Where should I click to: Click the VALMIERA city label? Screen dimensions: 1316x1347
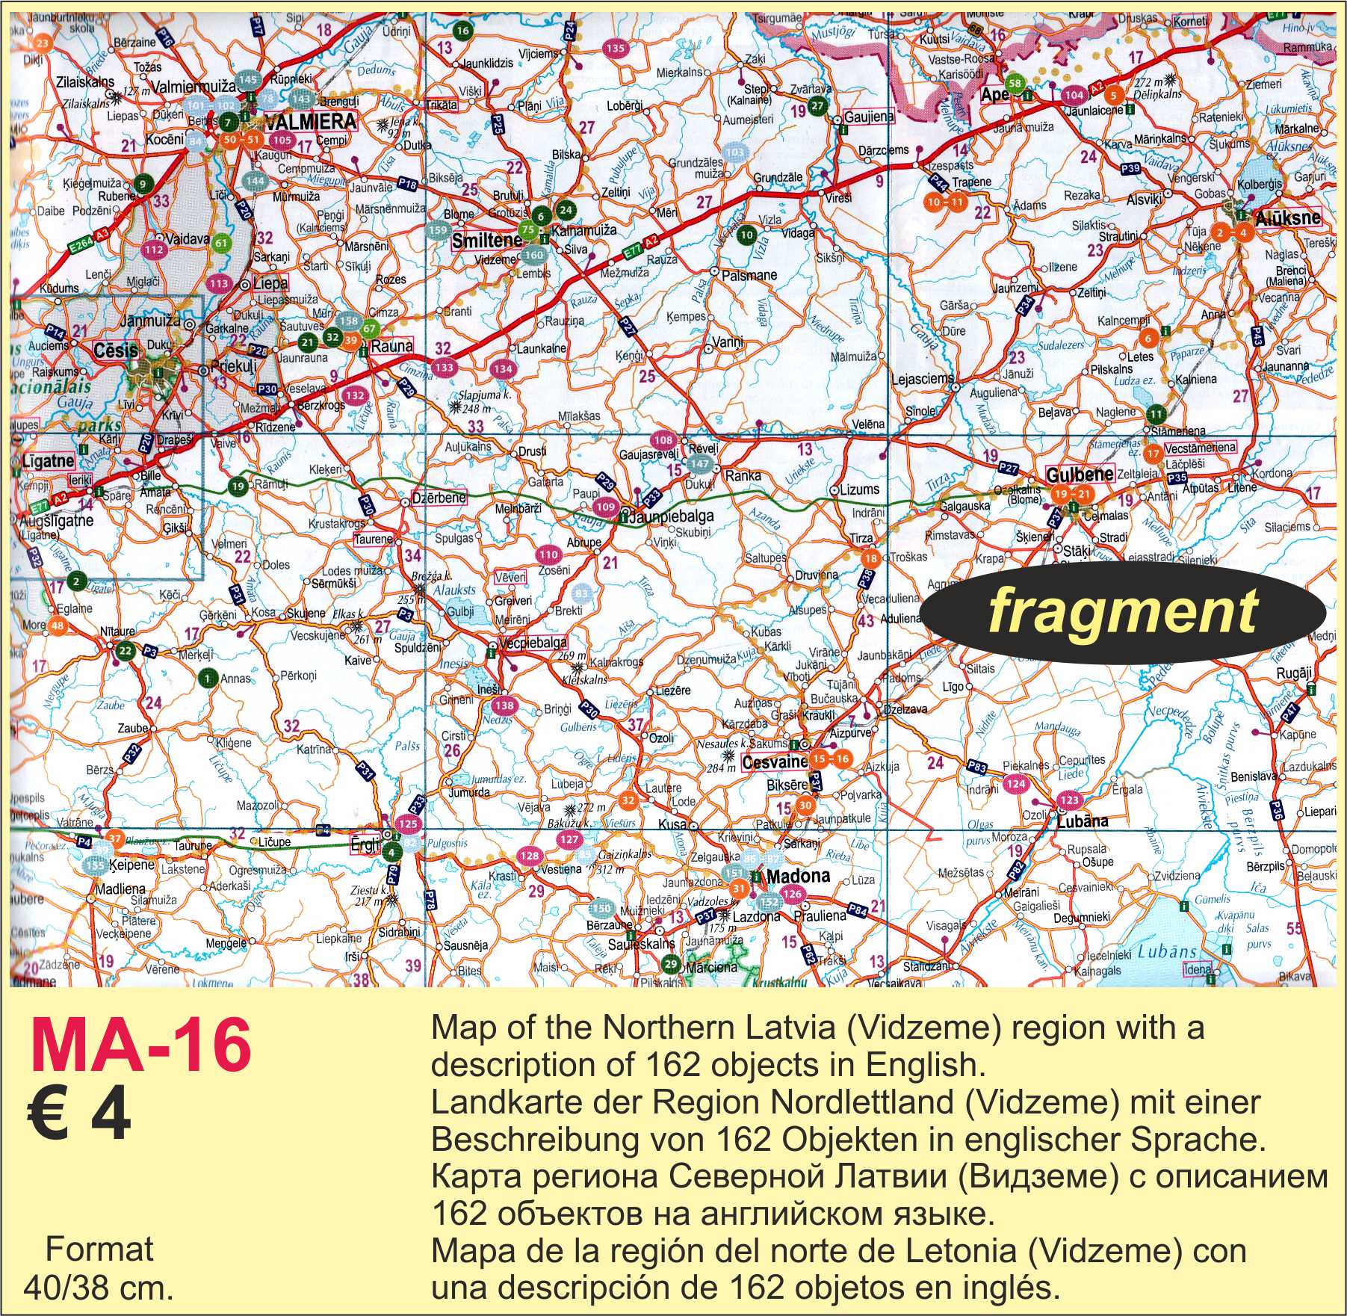(309, 122)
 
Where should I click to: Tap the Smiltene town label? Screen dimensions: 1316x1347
(486, 241)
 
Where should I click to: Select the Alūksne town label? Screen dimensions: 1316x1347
(1288, 219)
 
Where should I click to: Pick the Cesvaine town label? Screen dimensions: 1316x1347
(775, 762)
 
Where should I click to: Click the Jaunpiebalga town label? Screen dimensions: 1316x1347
(671, 516)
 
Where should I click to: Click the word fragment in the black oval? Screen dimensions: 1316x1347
(1122, 612)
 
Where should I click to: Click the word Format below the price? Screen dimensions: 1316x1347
(99, 1249)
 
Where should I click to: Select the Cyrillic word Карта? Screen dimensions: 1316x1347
(469, 1178)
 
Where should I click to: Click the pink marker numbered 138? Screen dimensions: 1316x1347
(505, 705)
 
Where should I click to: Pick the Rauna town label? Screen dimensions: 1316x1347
(391, 345)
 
